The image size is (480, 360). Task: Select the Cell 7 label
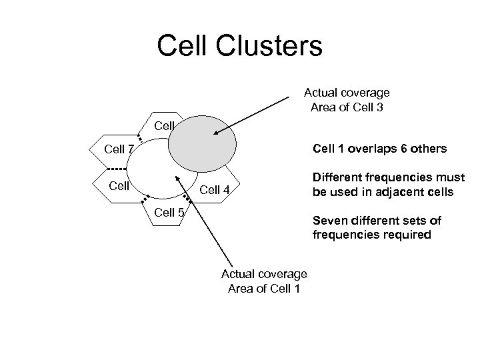click(x=119, y=148)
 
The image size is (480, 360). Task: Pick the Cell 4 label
click(x=215, y=191)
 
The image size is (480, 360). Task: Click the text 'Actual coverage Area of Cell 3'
click(x=347, y=100)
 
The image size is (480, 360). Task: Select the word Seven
click(x=329, y=221)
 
